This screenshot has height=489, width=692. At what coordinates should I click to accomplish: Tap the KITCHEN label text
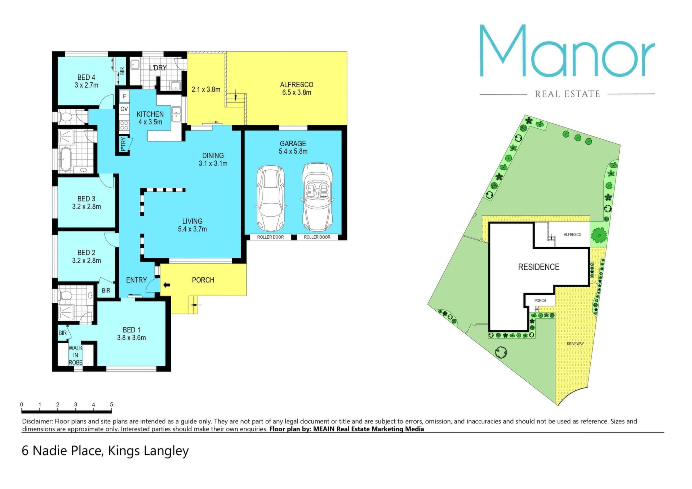pos(150,114)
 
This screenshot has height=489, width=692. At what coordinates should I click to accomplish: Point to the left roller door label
pos(270,237)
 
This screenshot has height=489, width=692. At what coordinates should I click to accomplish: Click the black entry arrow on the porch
pos(166,285)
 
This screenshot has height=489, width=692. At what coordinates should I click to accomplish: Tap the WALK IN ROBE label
pos(76,355)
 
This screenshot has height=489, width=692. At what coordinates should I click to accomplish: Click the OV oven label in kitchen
pos(124,109)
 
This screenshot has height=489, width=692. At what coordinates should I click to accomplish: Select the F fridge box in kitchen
pos(124,96)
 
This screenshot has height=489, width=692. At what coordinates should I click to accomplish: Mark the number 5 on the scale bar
pos(111,404)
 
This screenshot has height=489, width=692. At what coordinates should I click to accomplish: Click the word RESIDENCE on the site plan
pos(538,267)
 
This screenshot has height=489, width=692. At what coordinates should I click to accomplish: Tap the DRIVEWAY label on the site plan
pos(575,344)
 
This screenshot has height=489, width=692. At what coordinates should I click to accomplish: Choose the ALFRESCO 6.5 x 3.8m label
pos(297,89)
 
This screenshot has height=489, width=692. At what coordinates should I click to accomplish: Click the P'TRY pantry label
pos(123,144)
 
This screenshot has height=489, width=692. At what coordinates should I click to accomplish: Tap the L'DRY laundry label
pos(158,68)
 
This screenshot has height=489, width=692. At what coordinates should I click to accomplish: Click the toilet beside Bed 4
pos(66,117)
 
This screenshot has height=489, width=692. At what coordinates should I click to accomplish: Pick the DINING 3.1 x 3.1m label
pos(213,159)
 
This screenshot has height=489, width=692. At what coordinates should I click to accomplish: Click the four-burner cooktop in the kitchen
pos(124,125)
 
